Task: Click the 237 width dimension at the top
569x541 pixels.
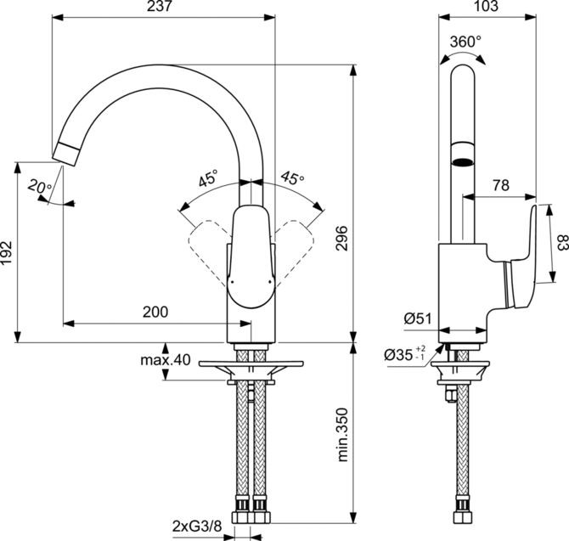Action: [164, 7]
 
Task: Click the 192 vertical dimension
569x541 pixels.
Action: [8, 252]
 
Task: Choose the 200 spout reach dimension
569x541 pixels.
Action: [155, 312]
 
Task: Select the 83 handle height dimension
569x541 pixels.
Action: [561, 244]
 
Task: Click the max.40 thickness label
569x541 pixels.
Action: [165, 360]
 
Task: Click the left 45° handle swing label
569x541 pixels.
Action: [208, 179]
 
